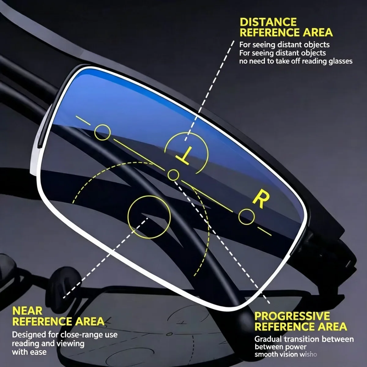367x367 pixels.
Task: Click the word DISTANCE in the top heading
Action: pyautogui.click(x=268, y=22)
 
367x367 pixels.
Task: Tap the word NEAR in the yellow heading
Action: pyautogui.click(x=27, y=311)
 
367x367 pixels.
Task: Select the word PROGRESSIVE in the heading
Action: pyautogui.click(x=292, y=316)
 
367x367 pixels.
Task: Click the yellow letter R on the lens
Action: pyautogui.click(x=261, y=200)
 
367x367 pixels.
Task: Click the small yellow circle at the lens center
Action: pyautogui.click(x=173, y=175)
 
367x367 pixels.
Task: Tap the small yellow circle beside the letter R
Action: pyautogui.click(x=247, y=217)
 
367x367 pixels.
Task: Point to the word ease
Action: pyautogui.click(x=38, y=352)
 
